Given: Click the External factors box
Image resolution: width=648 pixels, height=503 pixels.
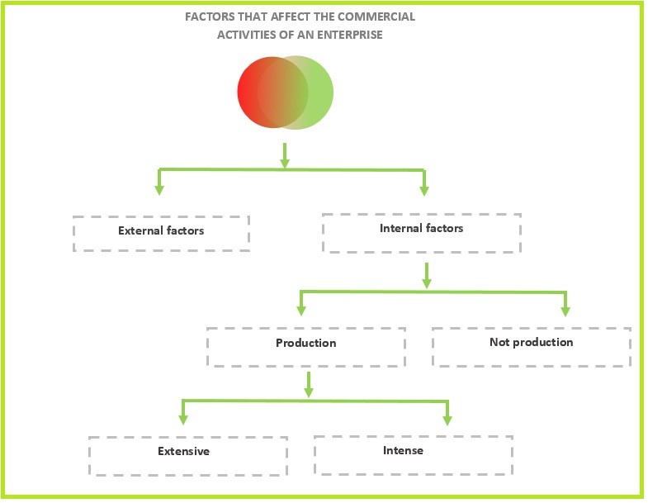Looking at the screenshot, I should [161, 233].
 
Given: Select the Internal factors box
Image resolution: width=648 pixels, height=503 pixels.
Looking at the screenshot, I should [421, 232].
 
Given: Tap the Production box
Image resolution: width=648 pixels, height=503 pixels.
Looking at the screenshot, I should [305, 347].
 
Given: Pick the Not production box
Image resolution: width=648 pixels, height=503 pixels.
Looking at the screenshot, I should [531, 346].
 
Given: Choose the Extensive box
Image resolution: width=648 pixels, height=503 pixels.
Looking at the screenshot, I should [187, 456].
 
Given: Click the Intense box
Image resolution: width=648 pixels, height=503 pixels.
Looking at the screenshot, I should [413, 454].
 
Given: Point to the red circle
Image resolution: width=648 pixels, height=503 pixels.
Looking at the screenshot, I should [256, 91].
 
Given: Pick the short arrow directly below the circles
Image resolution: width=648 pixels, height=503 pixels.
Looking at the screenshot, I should [285, 154].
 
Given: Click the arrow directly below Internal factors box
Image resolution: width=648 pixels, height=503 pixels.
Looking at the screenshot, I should [426, 276].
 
